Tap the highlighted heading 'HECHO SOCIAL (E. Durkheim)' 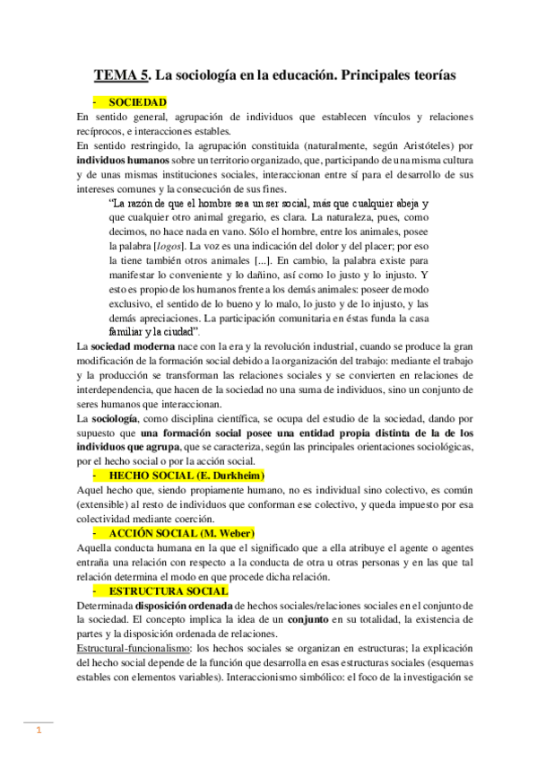pyautogui.click(x=186, y=474)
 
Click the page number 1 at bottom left pyautogui.click(x=39, y=731)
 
